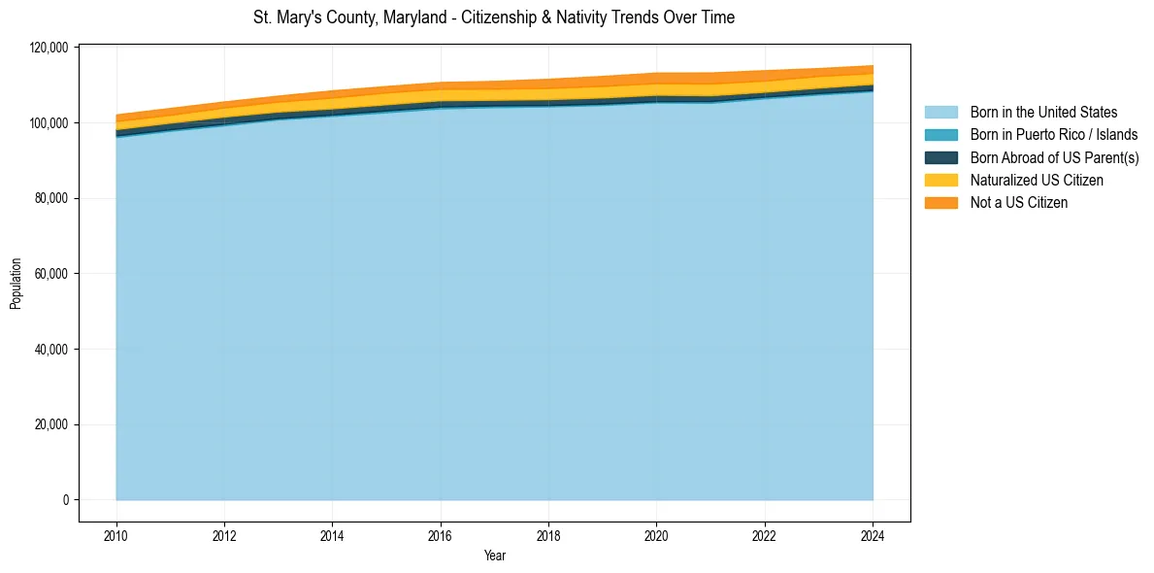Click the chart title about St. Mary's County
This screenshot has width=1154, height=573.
click(494, 17)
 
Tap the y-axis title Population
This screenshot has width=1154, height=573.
click(16, 284)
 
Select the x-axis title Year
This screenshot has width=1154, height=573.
click(494, 556)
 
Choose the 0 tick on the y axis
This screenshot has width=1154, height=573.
click(66, 500)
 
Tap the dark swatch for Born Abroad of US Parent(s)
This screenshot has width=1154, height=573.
click(940, 157)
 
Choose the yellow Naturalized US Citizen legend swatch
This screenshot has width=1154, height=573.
click(940, 180)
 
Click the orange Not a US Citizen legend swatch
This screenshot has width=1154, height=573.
click(940, 202)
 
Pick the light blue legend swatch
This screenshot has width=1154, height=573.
click(940, 113)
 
